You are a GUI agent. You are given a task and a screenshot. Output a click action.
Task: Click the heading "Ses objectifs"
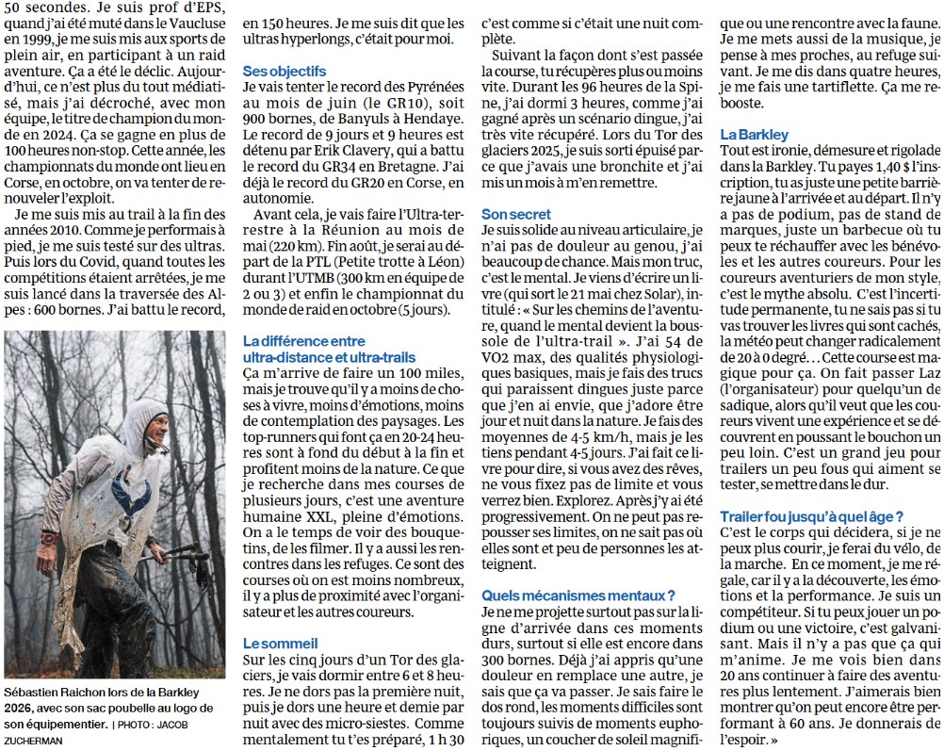point(285,71)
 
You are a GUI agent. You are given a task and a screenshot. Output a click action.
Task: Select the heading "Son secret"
point(516,214)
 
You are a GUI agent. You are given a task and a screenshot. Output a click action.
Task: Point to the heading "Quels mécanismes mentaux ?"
point(578,595)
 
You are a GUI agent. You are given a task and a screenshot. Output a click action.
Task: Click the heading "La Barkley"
point(754,134)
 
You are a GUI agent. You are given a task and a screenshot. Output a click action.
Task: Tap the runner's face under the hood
point(149,433)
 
